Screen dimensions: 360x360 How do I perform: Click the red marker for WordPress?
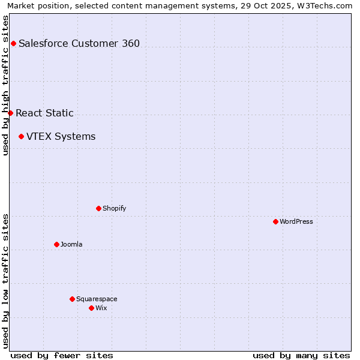[275, 221]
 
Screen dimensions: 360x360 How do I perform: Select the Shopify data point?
[98, 208]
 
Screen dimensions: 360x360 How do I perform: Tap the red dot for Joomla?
[56, 244]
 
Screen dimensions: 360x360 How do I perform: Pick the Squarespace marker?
[72, 299]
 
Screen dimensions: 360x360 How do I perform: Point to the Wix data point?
[91, 308]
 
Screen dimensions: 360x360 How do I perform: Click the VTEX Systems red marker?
[21, 136]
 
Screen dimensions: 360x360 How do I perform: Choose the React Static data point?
[10, 113]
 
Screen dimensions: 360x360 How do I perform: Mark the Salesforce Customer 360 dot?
[13, 43]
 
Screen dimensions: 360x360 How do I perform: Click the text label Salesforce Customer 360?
[79, 43]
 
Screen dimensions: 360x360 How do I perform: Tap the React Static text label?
[44, 113]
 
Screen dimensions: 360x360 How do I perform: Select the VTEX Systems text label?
[61, 136]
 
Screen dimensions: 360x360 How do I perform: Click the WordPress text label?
[296, 221]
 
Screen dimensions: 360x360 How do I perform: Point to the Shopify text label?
[114, 208]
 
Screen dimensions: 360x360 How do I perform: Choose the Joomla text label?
[71, 244]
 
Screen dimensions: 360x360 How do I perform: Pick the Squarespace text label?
[97, 299]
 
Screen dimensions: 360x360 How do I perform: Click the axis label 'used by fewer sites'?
[62, 355]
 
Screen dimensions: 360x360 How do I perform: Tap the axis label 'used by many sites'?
[301, 355]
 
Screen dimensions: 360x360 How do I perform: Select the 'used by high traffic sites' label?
[5, 85]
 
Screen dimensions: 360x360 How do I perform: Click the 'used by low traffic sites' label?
[5, 281]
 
